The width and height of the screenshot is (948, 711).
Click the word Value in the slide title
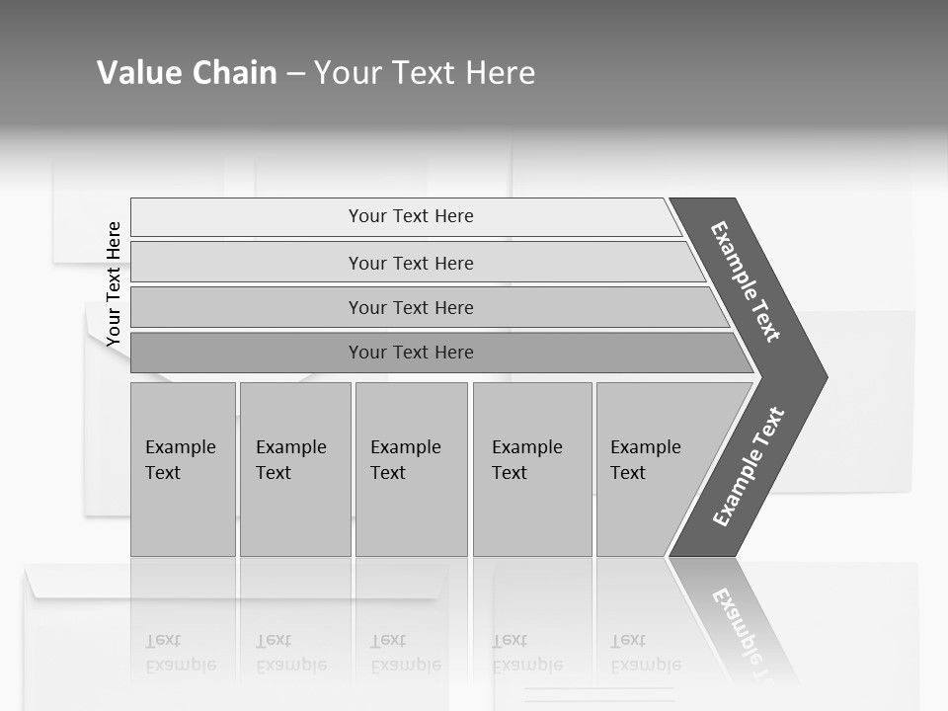click(x=137, y=73)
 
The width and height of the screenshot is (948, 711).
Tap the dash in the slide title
click(x=295, y=74)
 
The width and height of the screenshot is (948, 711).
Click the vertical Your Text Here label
click(x=114, y=283)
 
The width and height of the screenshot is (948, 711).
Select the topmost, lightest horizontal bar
click(x=410, y=216)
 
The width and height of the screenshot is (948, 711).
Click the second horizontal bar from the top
click(x=410, y=263)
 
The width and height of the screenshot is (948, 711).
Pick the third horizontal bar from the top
click(x=410, y=307)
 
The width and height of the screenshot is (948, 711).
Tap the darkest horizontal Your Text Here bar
click(x=410, y=353)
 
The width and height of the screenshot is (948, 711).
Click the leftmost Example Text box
click(x=183, y=469)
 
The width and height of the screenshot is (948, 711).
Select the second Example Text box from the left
click(x=294, y=469)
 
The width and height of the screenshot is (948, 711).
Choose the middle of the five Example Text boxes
click(x=411, y=469)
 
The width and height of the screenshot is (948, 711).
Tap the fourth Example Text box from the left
click(x=531, y=469)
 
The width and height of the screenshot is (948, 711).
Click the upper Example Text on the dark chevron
click(x=746, y=281)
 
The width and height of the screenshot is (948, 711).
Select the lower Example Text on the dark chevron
click(x=749, y=467)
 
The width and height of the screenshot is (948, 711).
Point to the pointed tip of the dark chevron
click(x=822, y=377)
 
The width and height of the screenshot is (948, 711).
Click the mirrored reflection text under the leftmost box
click(x=179, y=653)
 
